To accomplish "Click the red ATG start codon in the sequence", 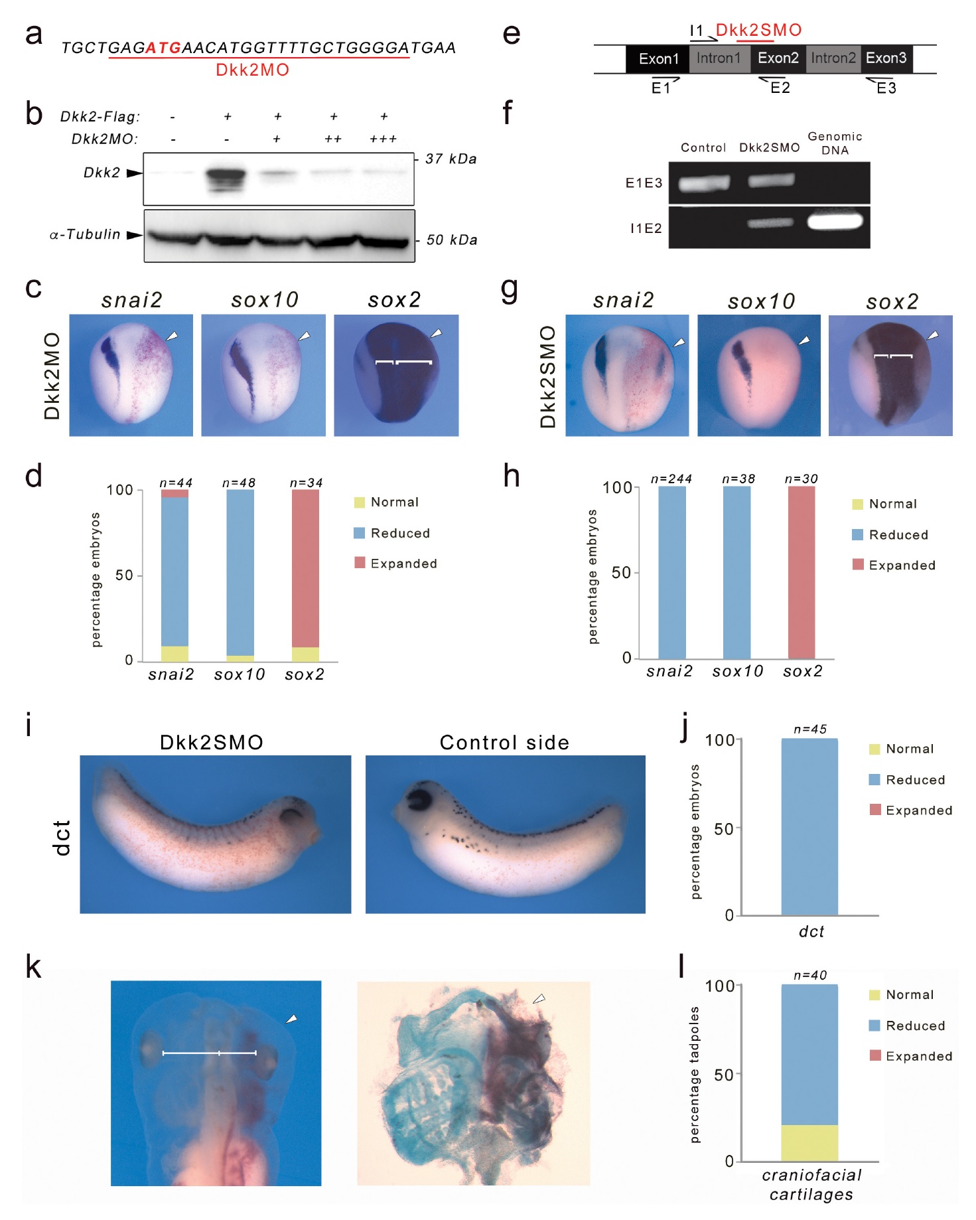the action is pos(163,48).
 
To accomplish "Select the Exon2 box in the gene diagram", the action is pos(778,58).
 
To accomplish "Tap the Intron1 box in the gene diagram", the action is pos(719,58).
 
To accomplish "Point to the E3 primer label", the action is pos(886,88).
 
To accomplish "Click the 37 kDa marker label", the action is pos(451,159).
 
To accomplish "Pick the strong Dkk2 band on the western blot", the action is pos(226,177).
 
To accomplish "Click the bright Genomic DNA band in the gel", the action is pos(835,221).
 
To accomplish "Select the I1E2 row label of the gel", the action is pos(646,228).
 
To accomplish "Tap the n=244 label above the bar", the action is pos(671,479).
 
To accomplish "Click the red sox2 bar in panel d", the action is pos(305,569).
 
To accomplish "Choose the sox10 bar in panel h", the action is pos(737,572).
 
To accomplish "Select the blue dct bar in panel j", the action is pos(809,827).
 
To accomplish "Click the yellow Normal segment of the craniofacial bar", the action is pos(809,1143).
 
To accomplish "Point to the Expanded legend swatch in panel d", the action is pos(360,563).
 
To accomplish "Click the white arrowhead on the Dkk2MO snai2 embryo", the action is pos(172,337).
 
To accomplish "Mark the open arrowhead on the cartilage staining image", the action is pos(539,998).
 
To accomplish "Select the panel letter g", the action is pos(510,290).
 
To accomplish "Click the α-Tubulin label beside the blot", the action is pos(85,234).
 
